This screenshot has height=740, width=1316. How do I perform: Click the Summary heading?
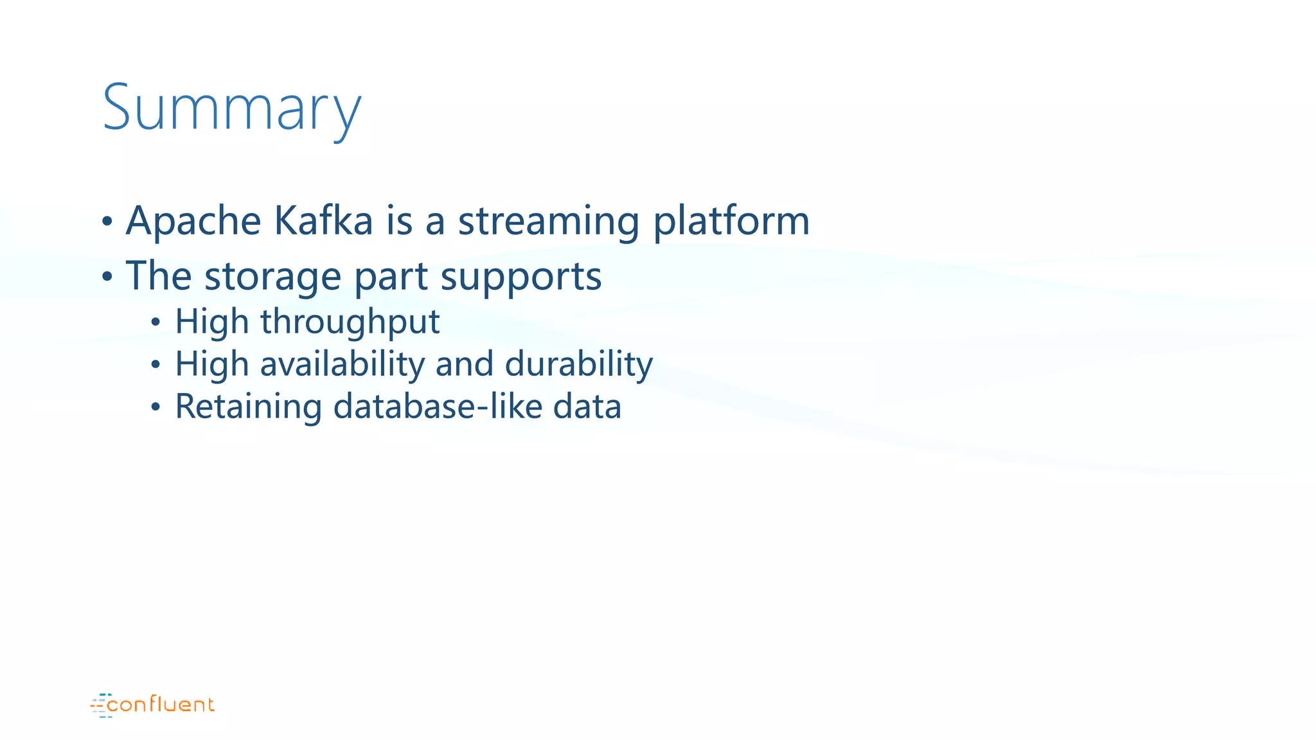click(231, 108)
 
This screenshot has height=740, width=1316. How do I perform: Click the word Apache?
click(193, 222)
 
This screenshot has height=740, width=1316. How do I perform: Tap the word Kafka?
click(323, 222)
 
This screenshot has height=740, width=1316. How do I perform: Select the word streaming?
click(548, 222)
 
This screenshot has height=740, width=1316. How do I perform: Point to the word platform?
click(731, 222)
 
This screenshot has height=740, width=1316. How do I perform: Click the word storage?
click(272, 277)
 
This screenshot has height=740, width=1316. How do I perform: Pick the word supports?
click(520, 277)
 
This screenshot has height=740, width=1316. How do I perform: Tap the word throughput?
click(350, 322)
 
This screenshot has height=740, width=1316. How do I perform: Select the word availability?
click(342, 364)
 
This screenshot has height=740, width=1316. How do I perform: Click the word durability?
click(578, 364)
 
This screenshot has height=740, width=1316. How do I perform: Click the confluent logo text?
click(161, 705)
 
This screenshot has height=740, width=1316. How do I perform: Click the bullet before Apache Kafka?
click(107, 222)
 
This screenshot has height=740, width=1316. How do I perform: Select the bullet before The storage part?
click(107, 277)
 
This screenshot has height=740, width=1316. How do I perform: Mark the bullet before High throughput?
click(156, 322)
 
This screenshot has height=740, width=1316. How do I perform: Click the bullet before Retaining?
click(156, 407)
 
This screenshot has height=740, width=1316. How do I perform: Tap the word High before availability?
click(211, 364)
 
